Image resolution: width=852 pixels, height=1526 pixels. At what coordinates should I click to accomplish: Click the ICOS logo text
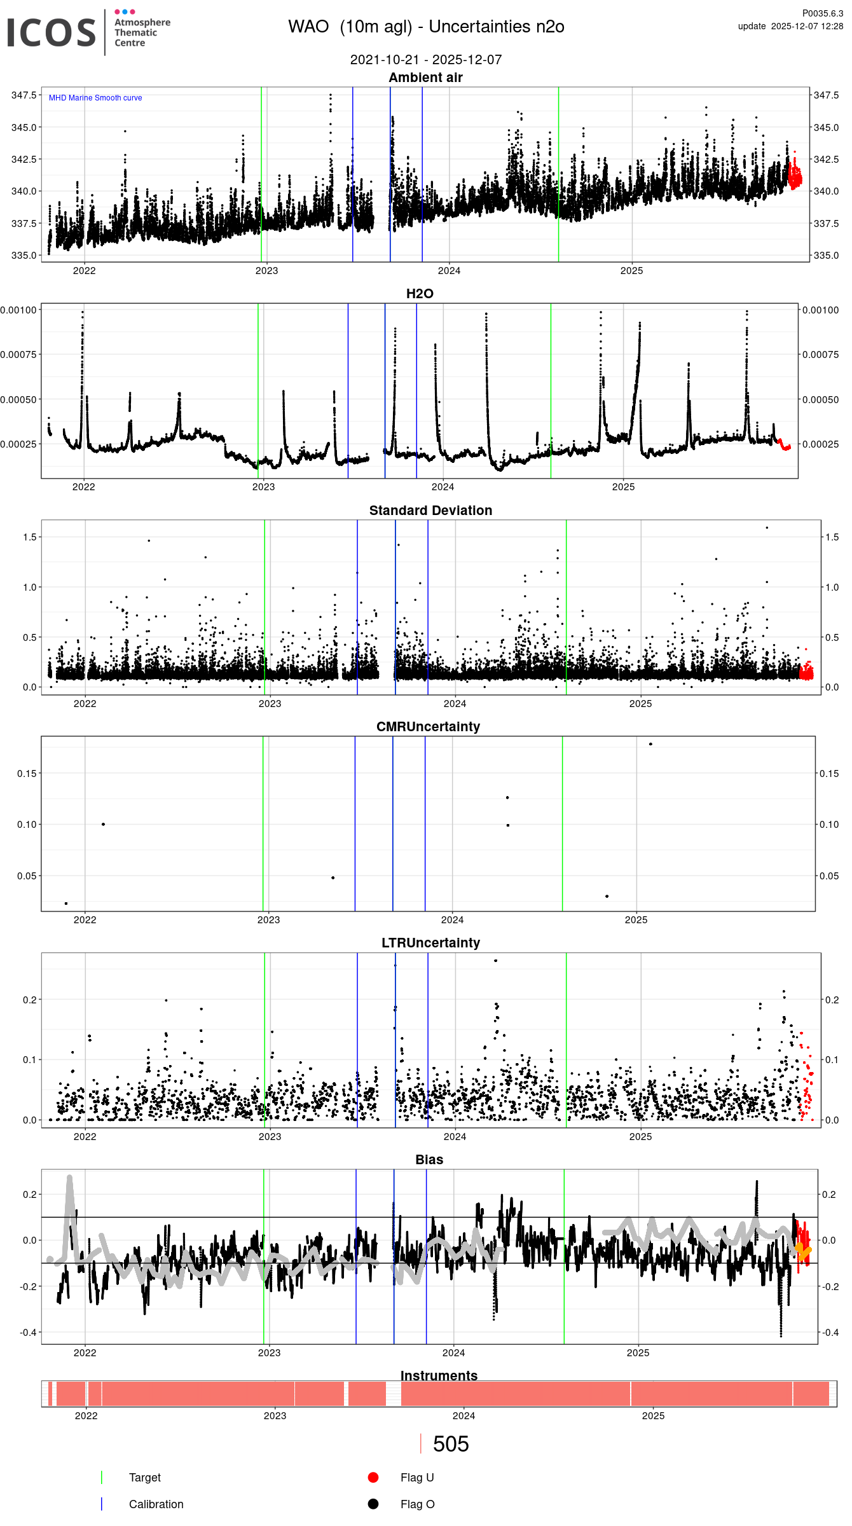(51, 32)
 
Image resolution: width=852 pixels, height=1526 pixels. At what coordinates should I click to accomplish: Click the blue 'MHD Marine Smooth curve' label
(95, 98)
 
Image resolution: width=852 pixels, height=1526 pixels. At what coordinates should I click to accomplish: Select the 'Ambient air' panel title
(425, 78)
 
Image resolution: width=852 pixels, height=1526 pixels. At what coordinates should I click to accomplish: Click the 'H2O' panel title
(420, 294)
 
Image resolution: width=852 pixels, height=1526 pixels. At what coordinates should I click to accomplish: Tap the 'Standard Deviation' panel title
(430, 511)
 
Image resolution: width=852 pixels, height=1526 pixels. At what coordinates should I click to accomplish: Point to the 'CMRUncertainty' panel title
(428, 727)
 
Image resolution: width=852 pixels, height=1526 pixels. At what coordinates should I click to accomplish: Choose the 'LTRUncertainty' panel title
(430, 943)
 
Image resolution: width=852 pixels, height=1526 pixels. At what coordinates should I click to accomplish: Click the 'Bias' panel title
(429, 1160)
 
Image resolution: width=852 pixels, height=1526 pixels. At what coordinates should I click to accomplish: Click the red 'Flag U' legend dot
(373, 1478)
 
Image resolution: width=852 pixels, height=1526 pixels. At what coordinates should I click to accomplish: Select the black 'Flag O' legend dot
(373, 1504)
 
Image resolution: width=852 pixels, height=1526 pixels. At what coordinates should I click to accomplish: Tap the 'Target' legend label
(145, 1478)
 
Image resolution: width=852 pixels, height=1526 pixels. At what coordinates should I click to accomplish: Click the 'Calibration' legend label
(156, 1504)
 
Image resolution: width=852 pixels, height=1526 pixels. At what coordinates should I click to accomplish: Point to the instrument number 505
(451, 1445)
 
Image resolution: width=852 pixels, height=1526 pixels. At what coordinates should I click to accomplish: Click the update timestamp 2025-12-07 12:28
(807, 26)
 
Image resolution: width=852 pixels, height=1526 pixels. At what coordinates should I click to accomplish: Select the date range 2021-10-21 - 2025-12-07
(426, 60)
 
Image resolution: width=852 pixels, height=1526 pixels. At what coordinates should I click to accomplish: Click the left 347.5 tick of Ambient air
(24, 95)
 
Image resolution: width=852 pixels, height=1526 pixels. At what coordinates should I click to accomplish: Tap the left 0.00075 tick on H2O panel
(19, 355)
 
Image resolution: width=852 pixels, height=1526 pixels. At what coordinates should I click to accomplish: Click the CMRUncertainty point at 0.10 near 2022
(104, 824)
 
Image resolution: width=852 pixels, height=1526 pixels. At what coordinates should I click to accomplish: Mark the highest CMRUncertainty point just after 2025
(650, 744)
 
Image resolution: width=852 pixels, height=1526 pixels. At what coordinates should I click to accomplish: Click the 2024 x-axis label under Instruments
(464, 1416)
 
